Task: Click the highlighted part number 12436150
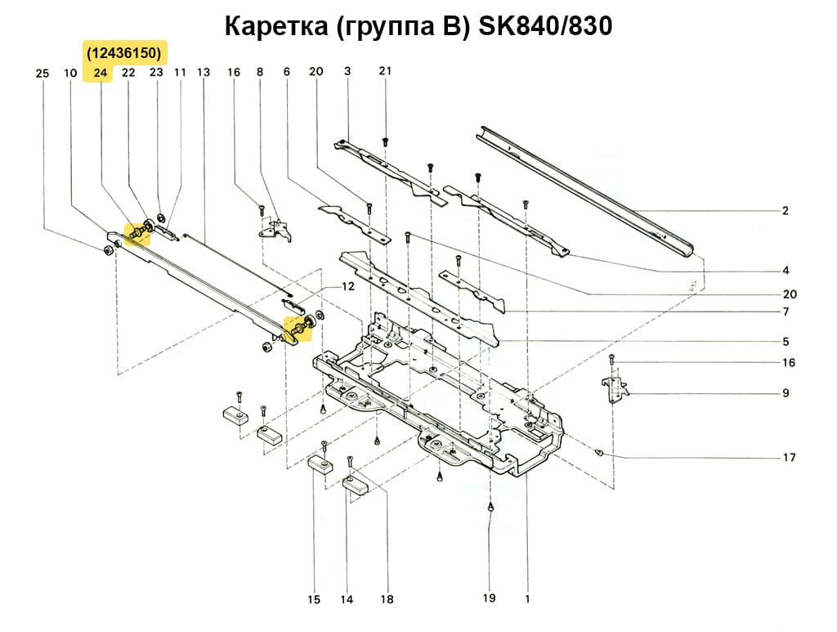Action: pyautogui.click(x=125, y=53)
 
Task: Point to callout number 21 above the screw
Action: pyautogui.click(x=385, y=71)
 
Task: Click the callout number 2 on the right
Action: pyautogui.click(x=785, y=211)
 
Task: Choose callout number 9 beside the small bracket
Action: pyautogui.click(x=785, y=393)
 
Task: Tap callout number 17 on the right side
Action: pyautogui.click(x=789, y=458)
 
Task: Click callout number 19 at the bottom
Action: pyautogui.click(x=489, y=598)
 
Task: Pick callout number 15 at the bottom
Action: pyautogui.click(x=314, y=600)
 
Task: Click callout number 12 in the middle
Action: pyautogui.click(x=348, y=287)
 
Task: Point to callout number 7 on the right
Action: pyautogui.click(x=785, y=312)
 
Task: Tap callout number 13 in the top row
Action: pyautogui.click(x=204, y=73)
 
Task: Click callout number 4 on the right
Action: pyautogui.click(x=785, y=271)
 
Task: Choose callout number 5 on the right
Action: pyautogui.click(x=785, y=342)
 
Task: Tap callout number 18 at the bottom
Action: pyautogui.click(x=387, y=600)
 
